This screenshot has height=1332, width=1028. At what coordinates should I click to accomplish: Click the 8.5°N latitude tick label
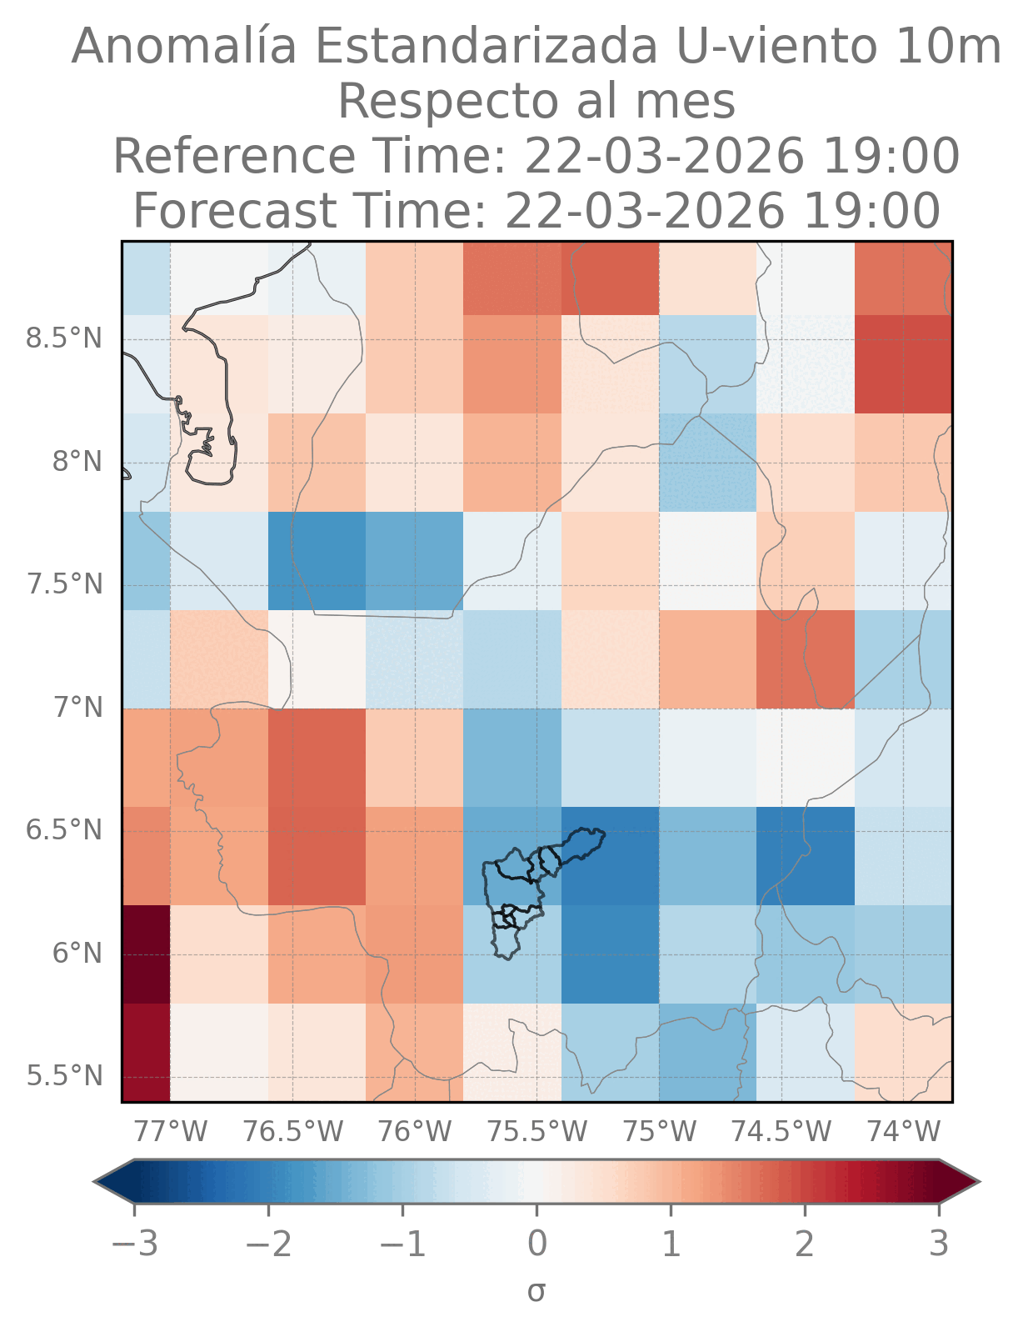pos(64,339)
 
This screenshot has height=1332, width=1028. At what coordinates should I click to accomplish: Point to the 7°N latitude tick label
pos(78,708)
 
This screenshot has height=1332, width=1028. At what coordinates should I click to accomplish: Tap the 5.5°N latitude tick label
pos(64,1076)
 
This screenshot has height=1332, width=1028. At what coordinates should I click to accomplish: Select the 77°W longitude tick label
pos(171,1131)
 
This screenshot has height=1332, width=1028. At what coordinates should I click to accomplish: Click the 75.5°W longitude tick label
pos(537,1131)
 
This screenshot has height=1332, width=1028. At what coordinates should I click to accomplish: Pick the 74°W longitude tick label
pos(904,1131)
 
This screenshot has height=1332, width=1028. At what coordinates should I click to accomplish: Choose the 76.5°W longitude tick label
pos(293,1131)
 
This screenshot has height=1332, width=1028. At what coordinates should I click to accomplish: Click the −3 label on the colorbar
pos(134,1244)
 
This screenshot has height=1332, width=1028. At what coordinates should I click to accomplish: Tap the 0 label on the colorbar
pos(537,1244)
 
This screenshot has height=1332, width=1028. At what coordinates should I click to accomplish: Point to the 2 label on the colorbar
pos(805,1244)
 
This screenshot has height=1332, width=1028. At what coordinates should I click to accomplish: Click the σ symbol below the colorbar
pos(536,1291)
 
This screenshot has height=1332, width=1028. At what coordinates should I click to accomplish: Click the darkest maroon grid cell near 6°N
pos(146,954)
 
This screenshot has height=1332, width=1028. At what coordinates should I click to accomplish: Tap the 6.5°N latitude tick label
pos(64,831)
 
